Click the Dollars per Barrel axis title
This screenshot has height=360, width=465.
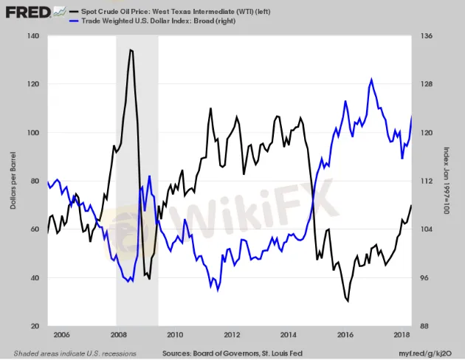point(13,181)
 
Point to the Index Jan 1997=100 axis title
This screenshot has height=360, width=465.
point(447,181)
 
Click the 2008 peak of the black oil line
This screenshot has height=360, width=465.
point(131,49)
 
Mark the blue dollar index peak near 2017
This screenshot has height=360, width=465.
point(371,79)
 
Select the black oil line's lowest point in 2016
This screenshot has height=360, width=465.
point(347,301)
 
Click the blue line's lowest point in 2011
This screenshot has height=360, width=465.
point(213,288)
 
